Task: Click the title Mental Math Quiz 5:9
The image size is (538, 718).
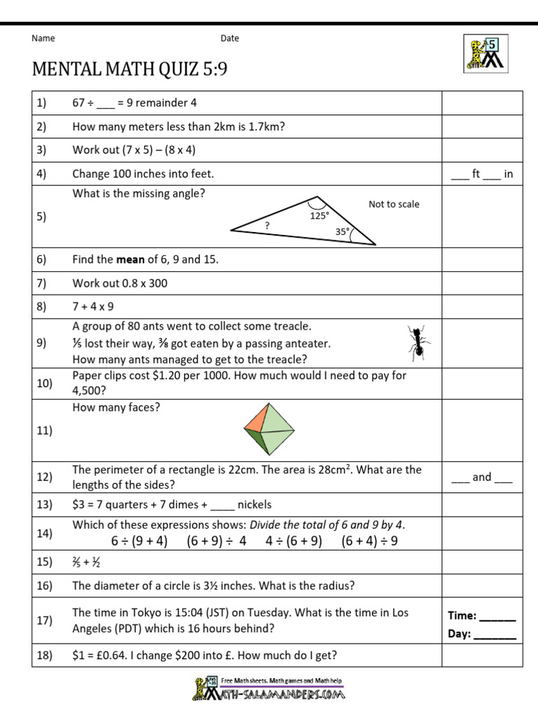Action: tap(130, 70)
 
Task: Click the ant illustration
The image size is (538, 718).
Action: tap(418, 342)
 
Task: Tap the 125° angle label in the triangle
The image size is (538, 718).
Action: tap(319, 216)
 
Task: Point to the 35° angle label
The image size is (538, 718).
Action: tap(342, 231)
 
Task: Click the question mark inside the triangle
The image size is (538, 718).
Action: tap(267, 225)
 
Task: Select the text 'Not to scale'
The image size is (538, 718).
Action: tap(394, 204)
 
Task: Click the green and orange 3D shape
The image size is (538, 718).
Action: tap(269, 430)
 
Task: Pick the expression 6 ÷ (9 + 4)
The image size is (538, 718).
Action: tap(139, 541)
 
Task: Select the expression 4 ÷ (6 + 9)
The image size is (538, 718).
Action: tap(294, 541)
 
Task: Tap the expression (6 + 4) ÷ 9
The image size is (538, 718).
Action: tap(370, 541)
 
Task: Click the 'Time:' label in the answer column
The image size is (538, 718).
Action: tap(462, 616)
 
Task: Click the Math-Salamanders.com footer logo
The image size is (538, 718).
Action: tap(269, 689)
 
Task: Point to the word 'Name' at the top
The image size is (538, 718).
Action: tap(43, 39)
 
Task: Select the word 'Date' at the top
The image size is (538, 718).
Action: tap(230, 39)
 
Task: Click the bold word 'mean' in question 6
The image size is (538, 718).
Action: tap(130, 259)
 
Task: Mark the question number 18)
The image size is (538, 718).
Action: tap(45, 656)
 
